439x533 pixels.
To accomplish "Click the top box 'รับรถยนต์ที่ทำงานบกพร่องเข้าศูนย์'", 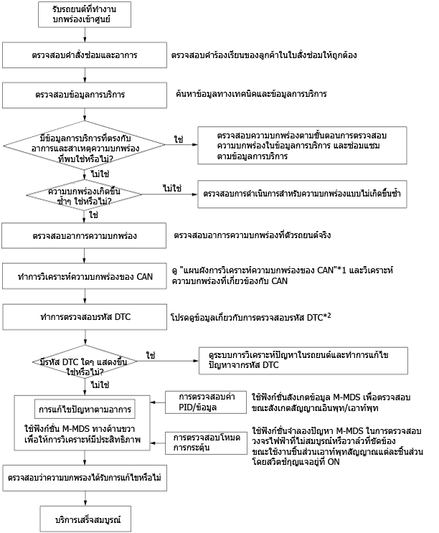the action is pyautogui.click(x=85, y=14).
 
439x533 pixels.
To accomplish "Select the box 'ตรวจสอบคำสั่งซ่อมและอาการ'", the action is pyautogui.click(x=85, y=55).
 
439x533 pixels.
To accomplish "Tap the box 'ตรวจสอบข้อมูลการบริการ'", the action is pyautogui.click(x=85, y=95).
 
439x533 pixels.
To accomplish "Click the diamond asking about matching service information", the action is pyautogui.click(x=84, y=145).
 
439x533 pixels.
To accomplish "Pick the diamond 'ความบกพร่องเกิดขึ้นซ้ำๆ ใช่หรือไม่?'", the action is pyautogui.click(x=84, y=195).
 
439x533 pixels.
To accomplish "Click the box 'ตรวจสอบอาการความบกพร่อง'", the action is pyautogui.click(x=84, y=235).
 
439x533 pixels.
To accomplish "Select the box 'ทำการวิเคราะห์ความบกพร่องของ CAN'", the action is pyautogui.click(x=85, y=276).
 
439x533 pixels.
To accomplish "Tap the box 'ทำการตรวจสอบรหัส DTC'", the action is pyautogui.click(x=85, y=317).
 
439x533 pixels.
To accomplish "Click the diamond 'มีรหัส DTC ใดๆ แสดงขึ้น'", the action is pyautogui.click(x=85, y=362).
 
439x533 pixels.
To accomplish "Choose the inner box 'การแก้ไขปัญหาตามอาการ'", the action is pyautogui.click(x=85, y=410).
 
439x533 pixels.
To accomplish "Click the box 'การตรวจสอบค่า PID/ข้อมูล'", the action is pyautogui.click(x=206, y=402).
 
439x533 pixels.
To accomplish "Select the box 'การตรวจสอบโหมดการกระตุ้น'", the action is pyautogui.click(x=207, y=443).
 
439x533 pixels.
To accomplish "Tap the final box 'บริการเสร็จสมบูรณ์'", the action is pyautogui.click(x=85, y=519).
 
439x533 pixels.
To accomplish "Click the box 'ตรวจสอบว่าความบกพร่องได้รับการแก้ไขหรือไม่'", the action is pyautogui.click(x=85, y=478).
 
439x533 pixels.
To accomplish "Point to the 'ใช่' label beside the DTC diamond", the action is pyautogui.click(x=151, y=355).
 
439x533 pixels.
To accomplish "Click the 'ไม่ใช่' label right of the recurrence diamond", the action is pyautogui.click(x=172, y=188).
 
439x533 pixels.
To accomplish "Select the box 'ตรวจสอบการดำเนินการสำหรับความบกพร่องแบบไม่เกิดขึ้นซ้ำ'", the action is pyautogui.click(x=303, y=194).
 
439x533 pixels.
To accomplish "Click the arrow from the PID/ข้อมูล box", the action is pyautogui.click(x=158, y=402).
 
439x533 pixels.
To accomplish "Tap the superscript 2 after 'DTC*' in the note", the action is pyautogui.click(x=329, y=315).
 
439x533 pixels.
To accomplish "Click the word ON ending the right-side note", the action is pyautogui.click(x=334, y=462).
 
